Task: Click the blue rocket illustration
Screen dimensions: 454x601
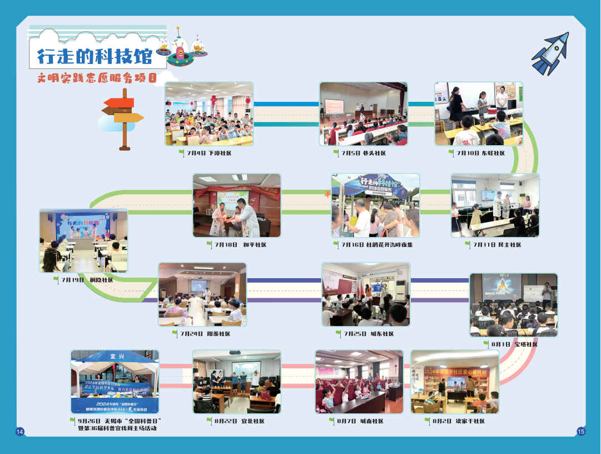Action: (x=550, y=53)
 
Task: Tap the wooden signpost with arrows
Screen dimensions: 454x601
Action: (x=123, y=117)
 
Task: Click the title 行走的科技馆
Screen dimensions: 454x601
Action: (x=94, y=56)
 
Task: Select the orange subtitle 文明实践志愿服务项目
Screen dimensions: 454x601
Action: (x=97, y=78)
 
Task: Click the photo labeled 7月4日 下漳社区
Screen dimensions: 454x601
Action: (x=208, y=114)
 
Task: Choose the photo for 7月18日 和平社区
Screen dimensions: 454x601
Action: (x=237, y=206)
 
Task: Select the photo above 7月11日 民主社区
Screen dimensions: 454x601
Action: (x=495, y=206)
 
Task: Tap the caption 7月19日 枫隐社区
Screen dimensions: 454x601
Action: (x=87, y=280)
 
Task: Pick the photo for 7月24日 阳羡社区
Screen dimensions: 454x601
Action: (x=202, y=294)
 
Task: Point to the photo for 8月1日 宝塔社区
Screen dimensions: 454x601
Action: (x=513, y=305)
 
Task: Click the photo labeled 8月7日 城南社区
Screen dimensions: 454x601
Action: (x=359, y=382)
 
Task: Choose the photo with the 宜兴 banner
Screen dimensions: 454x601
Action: (x=115, y=382)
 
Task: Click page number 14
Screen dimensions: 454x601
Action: (x=19, y=432)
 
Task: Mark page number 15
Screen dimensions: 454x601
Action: (x=581, y=431)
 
